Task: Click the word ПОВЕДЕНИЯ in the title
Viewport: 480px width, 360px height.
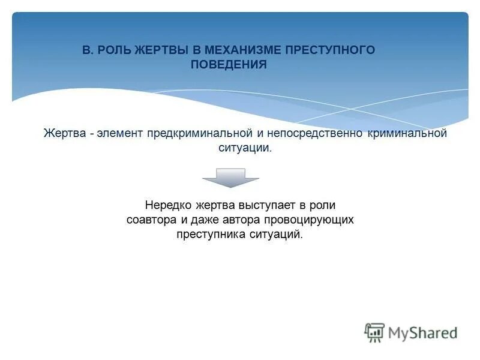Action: pyautogui.click(x=229, y=65)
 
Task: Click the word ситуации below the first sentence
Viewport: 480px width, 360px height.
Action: pyautogui.click(x=245, y=148)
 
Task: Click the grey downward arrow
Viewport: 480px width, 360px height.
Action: pyautogui.click(x=230, y=178)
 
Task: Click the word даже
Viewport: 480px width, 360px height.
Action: pyautogui.click(x=212, y=220)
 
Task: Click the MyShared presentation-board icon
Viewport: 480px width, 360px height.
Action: pyautogui.click(x=374, y=332)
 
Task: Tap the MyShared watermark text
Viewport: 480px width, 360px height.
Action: pyautogui.click(x=422, y=332)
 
